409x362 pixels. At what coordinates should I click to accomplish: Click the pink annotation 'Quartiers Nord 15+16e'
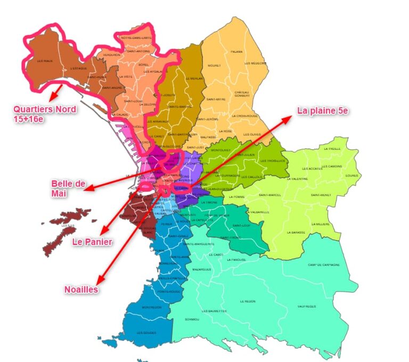pos(45,114)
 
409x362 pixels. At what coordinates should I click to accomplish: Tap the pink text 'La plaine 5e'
pos(322,111)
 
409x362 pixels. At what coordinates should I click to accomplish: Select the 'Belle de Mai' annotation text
pos(68,188)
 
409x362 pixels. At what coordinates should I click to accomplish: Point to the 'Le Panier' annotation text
pos(92,242)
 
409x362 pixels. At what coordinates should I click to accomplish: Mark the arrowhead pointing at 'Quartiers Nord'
pos(50,99)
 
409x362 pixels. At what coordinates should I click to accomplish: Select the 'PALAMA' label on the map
pos(236,52)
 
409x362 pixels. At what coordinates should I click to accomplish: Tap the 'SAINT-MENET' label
pos(324,195)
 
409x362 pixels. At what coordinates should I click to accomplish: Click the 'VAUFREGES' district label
pos(307,307)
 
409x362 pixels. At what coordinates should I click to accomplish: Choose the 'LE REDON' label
pos(248,301)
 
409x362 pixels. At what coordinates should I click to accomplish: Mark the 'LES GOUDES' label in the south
pos(146,333)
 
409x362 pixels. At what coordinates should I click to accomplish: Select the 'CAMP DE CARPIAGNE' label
pos(323,265)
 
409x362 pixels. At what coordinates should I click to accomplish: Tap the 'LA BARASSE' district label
pos(295,232)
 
